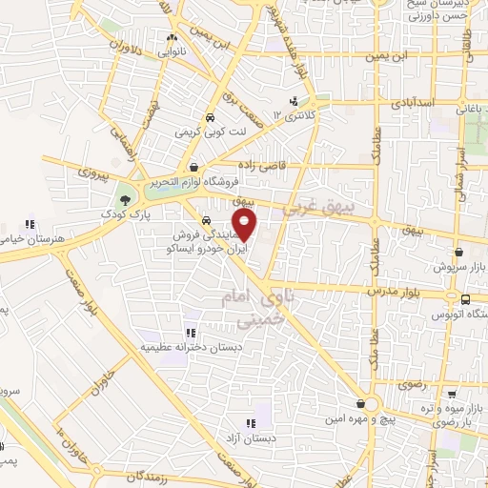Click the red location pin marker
tap(245, 225)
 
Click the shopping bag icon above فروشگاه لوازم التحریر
tap(193, 167)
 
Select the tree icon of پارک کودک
tap(125, 199)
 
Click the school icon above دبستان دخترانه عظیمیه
tap(190, 333)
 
